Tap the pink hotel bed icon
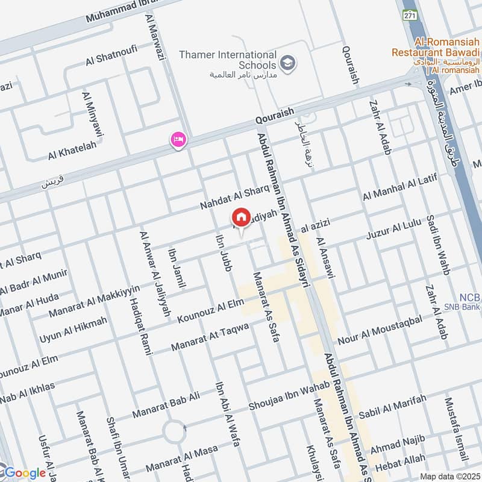[x=179, y=140]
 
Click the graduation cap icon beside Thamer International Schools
[x=289, y=63]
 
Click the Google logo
[x=24, y=473]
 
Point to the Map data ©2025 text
[x=449, y=476]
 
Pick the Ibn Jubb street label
[x=223, y=252]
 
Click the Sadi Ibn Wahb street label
[x=438, y=244]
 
